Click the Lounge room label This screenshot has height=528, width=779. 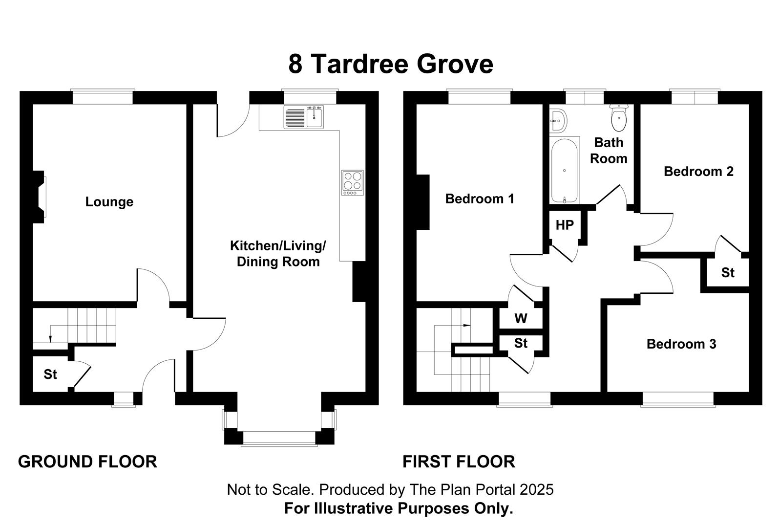click(x=109, y=202)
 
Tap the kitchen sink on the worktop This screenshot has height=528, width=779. click(x=304, y=117)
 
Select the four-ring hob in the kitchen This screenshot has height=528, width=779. click(x=352, y=182)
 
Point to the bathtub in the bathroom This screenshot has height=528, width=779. click(x=564, y=170)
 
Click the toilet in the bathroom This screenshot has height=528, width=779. click(x=619, y=118)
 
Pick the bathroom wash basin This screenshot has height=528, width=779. click(x=558, y=120)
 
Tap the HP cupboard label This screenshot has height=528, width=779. click(x=565, y=225)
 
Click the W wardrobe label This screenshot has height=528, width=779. click(x=521, y=318)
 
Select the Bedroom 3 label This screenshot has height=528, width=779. click(x=681, y=344)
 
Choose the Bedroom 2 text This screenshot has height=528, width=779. click(x=699, y=171)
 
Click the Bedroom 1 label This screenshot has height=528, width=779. click(x=480, y=199)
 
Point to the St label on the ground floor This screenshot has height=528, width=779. click(x=50, y=374)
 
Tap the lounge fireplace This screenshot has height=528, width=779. click(x=39, y=197)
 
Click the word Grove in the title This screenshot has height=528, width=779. click(x=455, y=64)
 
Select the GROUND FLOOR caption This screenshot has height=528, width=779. click(x=87, y=462)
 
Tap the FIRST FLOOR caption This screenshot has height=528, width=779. click(x=459, y=462)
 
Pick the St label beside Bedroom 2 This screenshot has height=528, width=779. click(x=728, y=272)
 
